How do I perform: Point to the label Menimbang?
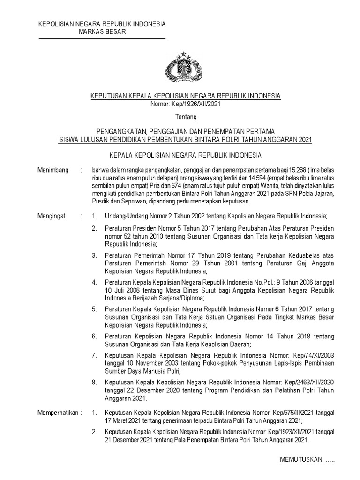click(x=53, y=170)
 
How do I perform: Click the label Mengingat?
click(x=52, y=216)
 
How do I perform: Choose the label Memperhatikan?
click(x=60, y=413)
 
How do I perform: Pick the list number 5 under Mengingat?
click(x=94, y=310)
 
